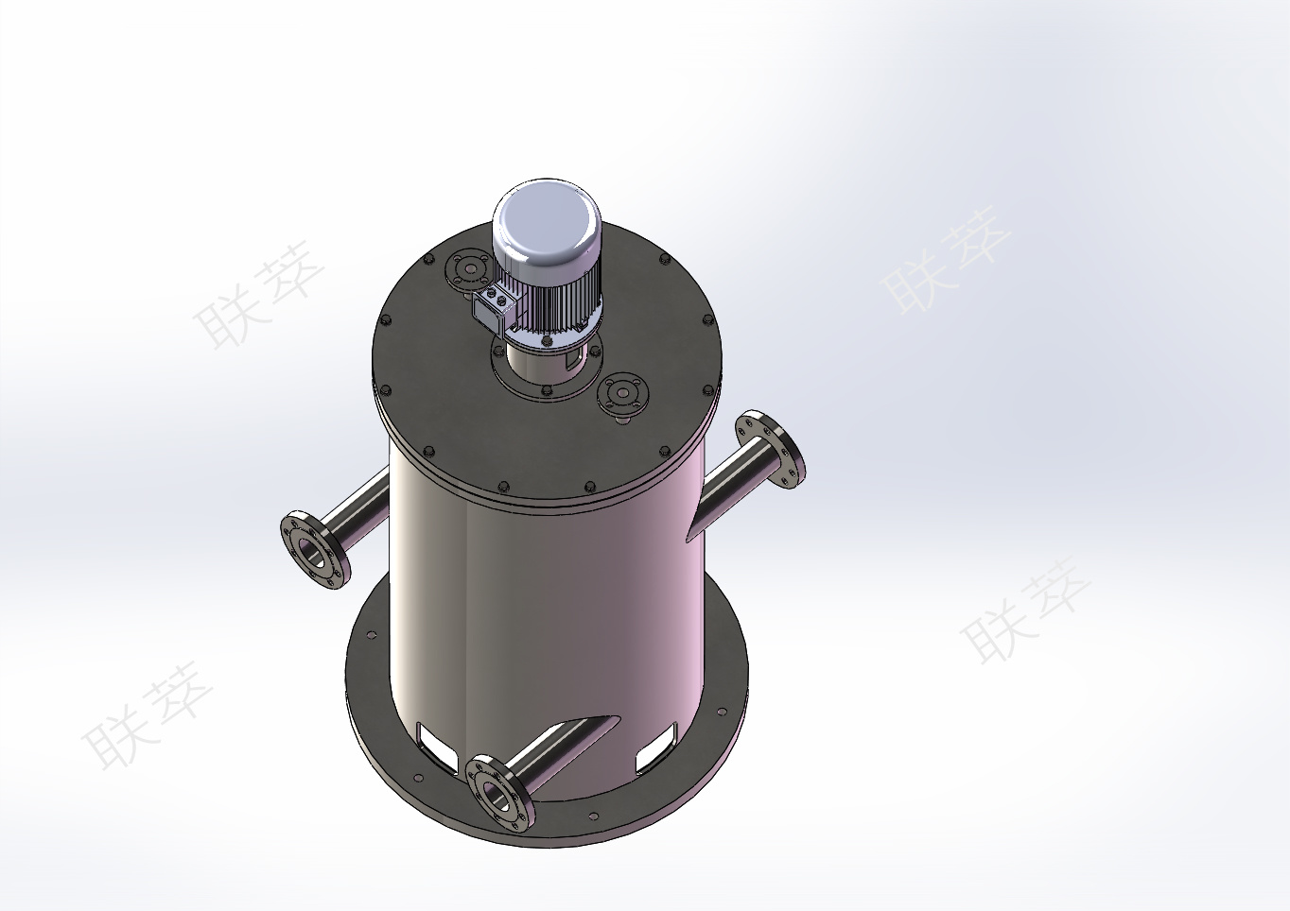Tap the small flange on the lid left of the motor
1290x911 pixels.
tap(467, 267)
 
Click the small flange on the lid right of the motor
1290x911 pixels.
tap(623, 394)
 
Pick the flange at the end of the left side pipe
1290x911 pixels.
tap(314, 548)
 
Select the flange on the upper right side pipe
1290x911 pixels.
tap(771, 440)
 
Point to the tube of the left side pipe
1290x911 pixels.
tap(359, 512)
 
